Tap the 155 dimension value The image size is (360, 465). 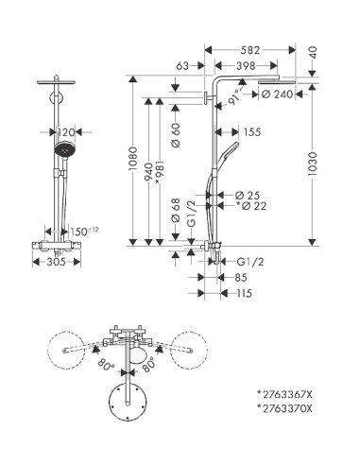tap(250, 133)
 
